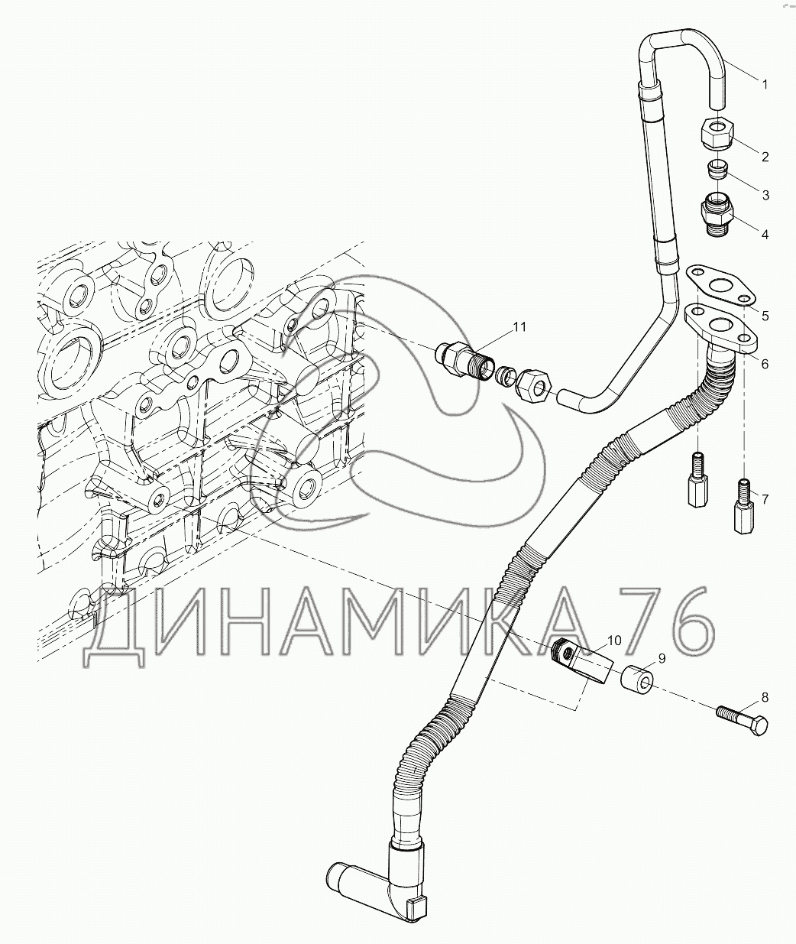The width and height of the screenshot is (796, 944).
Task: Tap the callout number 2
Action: (x=764, y=157)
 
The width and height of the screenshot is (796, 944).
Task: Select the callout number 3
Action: (x=764, y=195)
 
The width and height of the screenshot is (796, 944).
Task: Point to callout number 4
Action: (x=764, y=234)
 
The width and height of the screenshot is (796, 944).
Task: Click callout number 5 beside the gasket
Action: (x=764, y=315)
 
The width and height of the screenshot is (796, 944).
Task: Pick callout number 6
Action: (x=764, y=364)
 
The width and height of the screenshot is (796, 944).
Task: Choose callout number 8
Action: (x=764, y=697)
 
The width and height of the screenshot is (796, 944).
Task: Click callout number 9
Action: (x=662, y=657)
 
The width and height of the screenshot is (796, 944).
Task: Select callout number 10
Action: (x=614, y=637)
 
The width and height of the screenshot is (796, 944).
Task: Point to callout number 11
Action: (x=519, y=326)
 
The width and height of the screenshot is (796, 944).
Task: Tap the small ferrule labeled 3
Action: (x=717, y=167)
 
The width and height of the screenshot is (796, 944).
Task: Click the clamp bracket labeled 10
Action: (x=579, y=663)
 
